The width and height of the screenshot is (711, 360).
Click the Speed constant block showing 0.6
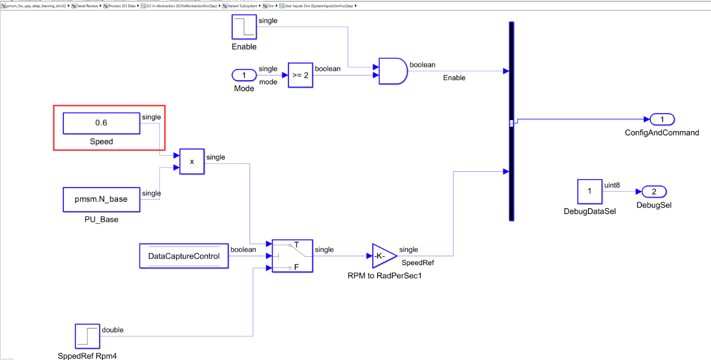101,123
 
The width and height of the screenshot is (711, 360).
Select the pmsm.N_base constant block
101,199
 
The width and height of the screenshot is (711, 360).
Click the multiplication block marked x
191,161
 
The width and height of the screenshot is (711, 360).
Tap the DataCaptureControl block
184,256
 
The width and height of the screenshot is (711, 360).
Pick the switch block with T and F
292,256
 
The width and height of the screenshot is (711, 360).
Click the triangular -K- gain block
383,256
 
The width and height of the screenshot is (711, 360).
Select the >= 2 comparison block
299,75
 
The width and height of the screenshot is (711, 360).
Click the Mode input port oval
244,75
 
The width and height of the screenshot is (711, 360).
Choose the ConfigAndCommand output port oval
662,119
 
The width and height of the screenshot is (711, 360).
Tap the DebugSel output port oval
654,191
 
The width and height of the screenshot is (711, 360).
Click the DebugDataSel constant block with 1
589,191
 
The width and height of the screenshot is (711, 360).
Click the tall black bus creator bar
511,121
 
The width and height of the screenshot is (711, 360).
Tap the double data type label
113,330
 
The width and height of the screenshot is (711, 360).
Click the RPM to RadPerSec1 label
384,276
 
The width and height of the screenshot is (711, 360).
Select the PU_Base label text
101,220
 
